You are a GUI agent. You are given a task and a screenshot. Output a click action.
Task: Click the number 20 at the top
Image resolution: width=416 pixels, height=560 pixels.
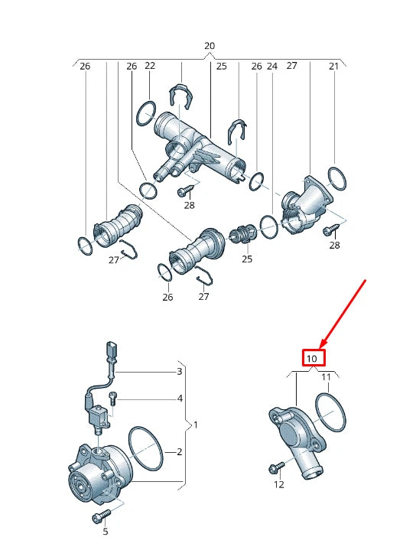[x=210, y=46]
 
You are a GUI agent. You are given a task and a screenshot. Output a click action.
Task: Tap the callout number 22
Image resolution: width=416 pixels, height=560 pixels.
[x=150, y=67]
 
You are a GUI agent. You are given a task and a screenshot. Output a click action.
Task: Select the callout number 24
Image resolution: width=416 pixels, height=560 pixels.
[x=271, y=67]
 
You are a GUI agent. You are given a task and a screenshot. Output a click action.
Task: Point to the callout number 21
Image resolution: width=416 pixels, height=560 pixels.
[x=333, y=67]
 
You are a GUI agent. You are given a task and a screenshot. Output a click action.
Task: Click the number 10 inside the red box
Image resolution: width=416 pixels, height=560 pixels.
[x=312, y=358]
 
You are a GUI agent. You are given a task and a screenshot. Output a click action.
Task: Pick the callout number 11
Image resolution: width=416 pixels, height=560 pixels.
[x=326, y=377]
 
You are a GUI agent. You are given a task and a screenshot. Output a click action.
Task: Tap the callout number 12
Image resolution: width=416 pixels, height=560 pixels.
[x=278, y=484]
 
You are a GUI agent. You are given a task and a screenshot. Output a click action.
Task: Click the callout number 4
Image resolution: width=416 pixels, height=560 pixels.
[x=180, y=399]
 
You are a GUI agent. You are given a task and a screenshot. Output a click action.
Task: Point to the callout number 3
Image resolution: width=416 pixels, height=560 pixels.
[x=180, y=372]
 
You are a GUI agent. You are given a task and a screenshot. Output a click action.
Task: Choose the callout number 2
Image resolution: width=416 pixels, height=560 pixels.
[x=180, y=452]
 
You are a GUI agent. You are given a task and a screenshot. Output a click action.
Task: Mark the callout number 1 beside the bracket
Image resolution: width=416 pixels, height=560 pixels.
[x=194, y=424]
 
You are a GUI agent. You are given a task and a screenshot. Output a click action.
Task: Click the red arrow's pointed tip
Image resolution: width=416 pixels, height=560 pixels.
[x=323, y=344]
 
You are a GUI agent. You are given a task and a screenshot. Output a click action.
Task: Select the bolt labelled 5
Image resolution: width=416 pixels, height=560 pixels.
[x=101, y=518]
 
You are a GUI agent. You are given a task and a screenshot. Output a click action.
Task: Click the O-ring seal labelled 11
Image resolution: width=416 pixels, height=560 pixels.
[x=330, y=414]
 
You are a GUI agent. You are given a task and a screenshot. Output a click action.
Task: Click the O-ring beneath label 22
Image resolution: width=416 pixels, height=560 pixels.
[x=146, y=116]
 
